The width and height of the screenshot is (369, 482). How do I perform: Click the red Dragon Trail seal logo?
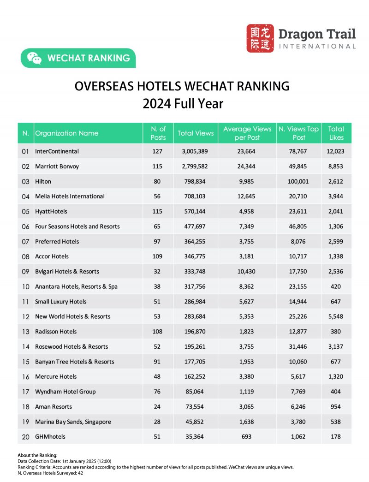tap(260, 38)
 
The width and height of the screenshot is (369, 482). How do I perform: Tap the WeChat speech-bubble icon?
tap(34, 58)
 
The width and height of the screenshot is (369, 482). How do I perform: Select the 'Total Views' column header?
tap(196, 133)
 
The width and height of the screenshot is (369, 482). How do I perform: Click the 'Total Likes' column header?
tap(336, 133)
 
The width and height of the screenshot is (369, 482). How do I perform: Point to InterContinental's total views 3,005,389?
tap(196, 151)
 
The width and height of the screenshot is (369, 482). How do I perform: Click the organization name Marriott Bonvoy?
tap(57, 166)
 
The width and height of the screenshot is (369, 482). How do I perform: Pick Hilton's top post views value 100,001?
tap(299, 181)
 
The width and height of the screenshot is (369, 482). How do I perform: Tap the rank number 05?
tap(26, 211)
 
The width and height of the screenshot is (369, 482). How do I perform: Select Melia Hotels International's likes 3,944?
tap(336, 196)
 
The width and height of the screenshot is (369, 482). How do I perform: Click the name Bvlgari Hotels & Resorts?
tap(67, 271)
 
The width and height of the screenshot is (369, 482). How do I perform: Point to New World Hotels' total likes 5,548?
tap(336, 316)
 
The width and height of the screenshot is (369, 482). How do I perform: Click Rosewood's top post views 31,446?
tap(299, 346)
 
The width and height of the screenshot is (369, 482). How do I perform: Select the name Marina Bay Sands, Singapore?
tap(73, 422)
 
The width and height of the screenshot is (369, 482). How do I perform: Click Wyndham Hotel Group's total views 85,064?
tap(196, 392)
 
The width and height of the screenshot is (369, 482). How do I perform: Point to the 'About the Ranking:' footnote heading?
tap(38, 455)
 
